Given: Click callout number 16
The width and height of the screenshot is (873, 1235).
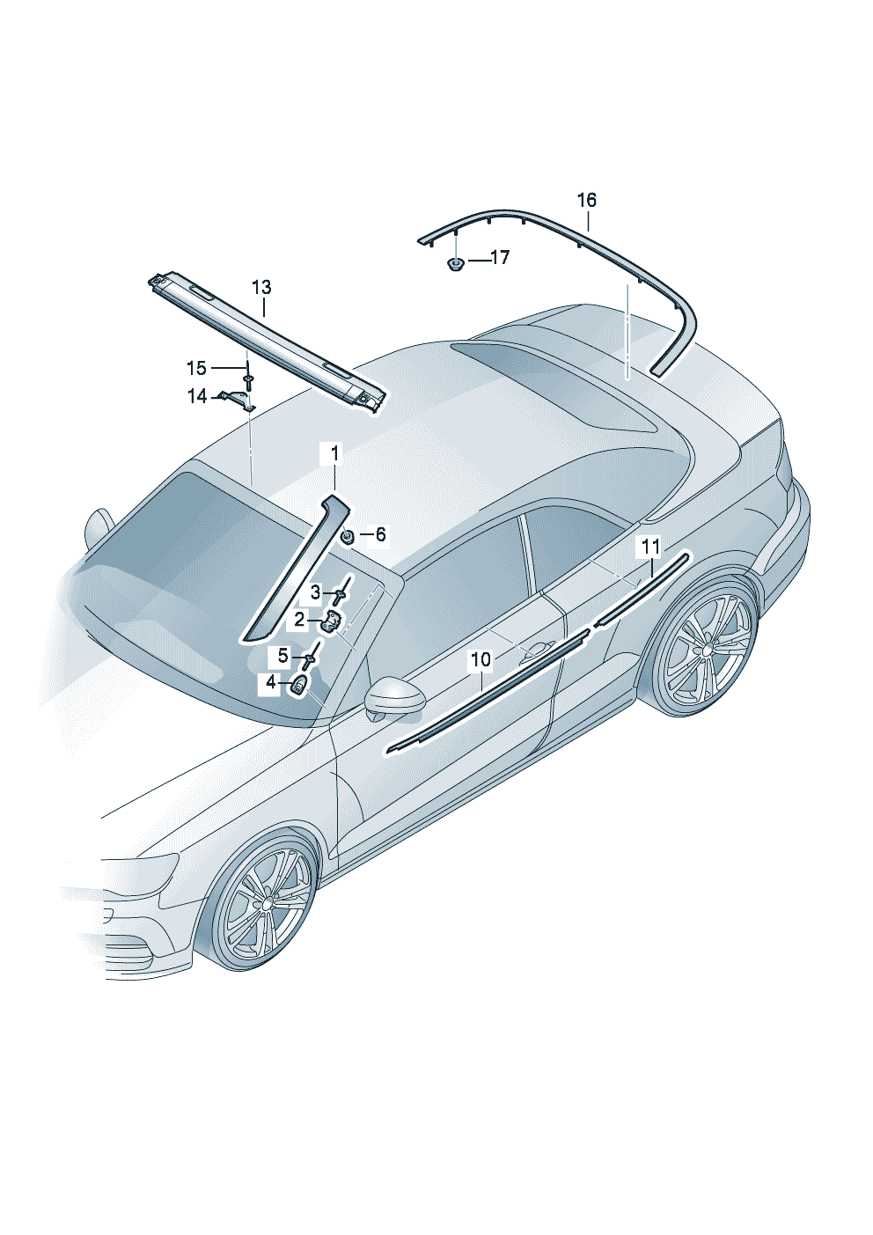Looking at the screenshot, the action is (x=587, y=200).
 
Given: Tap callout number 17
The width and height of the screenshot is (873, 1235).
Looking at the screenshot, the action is (x=501, y=258).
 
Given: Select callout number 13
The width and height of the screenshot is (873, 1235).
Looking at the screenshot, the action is (x=261, y=287).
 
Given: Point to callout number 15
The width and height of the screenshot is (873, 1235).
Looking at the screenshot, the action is (x=197, y=368).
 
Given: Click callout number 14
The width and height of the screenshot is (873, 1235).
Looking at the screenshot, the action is (x=197, y=396).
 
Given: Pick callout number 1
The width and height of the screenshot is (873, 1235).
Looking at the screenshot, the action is (x=334, y=454).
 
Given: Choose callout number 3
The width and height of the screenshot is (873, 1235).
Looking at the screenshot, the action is (x=315, y=592).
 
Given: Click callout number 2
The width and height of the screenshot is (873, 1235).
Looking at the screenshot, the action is (x=299, y=621).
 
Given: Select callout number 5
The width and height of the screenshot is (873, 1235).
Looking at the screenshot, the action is (x=282, y=656).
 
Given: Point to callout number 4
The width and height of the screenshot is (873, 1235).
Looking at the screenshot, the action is (x=270, y=682).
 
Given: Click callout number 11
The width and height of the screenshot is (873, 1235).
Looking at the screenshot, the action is (x=651, y=547).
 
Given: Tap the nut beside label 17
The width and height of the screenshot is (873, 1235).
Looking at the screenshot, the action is (x=457, y=263).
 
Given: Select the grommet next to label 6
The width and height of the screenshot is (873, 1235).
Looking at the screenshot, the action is (x=348, y=535).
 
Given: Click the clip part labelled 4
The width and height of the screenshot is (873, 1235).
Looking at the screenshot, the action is (x=300, y=687).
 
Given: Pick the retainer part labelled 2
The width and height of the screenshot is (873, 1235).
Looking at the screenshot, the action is (x=333, y=622).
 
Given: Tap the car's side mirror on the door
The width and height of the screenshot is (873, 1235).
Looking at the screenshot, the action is (x=390, y=698).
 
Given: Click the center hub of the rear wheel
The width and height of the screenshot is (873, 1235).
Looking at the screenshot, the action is (x=706, y=650).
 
